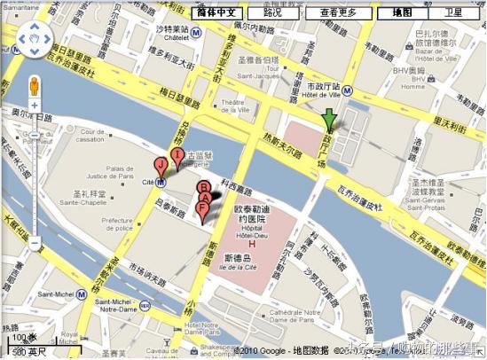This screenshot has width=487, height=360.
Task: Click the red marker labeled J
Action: tap(161, 166)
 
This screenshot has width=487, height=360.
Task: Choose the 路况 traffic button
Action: tap(272, 13)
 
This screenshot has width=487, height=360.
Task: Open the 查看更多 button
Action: tap(338, 13)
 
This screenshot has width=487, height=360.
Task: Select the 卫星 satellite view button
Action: tap(453, 13)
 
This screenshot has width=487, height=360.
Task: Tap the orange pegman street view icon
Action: tap(34, 86)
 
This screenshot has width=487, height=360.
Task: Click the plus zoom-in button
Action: tap(34, 106)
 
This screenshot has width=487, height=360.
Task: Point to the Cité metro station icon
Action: tap(161, 183)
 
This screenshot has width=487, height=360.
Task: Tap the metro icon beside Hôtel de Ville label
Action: tap(349, 89)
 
